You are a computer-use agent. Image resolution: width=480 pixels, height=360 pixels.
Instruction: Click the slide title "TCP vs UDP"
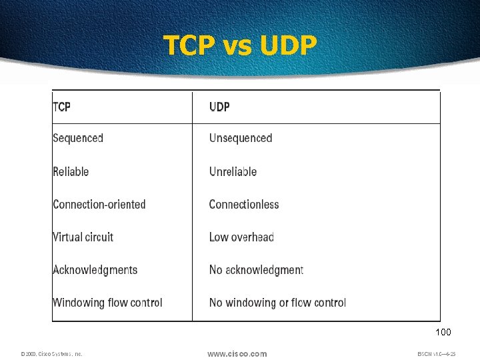[x=241, y=45]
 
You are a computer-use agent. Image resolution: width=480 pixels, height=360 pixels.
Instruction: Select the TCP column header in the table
[x=61, y=107]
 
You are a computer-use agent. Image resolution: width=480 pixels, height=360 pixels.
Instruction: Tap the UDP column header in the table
[x=219, y=107]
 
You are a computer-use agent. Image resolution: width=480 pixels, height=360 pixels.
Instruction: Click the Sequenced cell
[x=78, y=139]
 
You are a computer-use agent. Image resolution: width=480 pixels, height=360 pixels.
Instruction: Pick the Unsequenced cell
[x=241, y=139]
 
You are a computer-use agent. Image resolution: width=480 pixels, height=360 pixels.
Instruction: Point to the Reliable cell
[x=71, y=171]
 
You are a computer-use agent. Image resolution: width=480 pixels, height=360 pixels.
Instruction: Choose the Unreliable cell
[x=233, y=171]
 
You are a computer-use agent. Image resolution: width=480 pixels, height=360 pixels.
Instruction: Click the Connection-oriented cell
[x=99, y=204]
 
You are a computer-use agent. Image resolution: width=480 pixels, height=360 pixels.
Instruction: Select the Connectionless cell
[x=244, y=204]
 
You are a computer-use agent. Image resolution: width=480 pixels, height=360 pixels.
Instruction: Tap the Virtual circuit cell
[x=83, y=237]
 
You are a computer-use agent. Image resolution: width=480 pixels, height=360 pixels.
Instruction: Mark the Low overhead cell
[x=241, y=237]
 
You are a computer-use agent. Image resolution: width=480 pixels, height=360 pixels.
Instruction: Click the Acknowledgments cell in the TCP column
[x=95, y=269]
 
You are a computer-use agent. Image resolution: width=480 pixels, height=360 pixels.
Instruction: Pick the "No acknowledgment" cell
[x=256, y=269]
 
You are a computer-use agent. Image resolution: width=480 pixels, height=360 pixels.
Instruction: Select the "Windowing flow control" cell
[x=107, y=302]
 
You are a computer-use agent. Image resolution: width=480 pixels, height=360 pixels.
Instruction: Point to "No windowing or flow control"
[x=277, y=302]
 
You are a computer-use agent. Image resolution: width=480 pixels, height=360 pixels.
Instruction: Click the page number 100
[x=443, y=332]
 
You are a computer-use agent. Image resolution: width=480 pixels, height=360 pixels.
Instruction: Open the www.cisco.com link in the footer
[x=237, y=353]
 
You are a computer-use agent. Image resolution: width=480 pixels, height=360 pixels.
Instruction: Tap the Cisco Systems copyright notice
[x=51, y=354]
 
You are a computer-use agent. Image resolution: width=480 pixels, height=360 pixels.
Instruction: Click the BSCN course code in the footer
[x=436, y=354]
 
